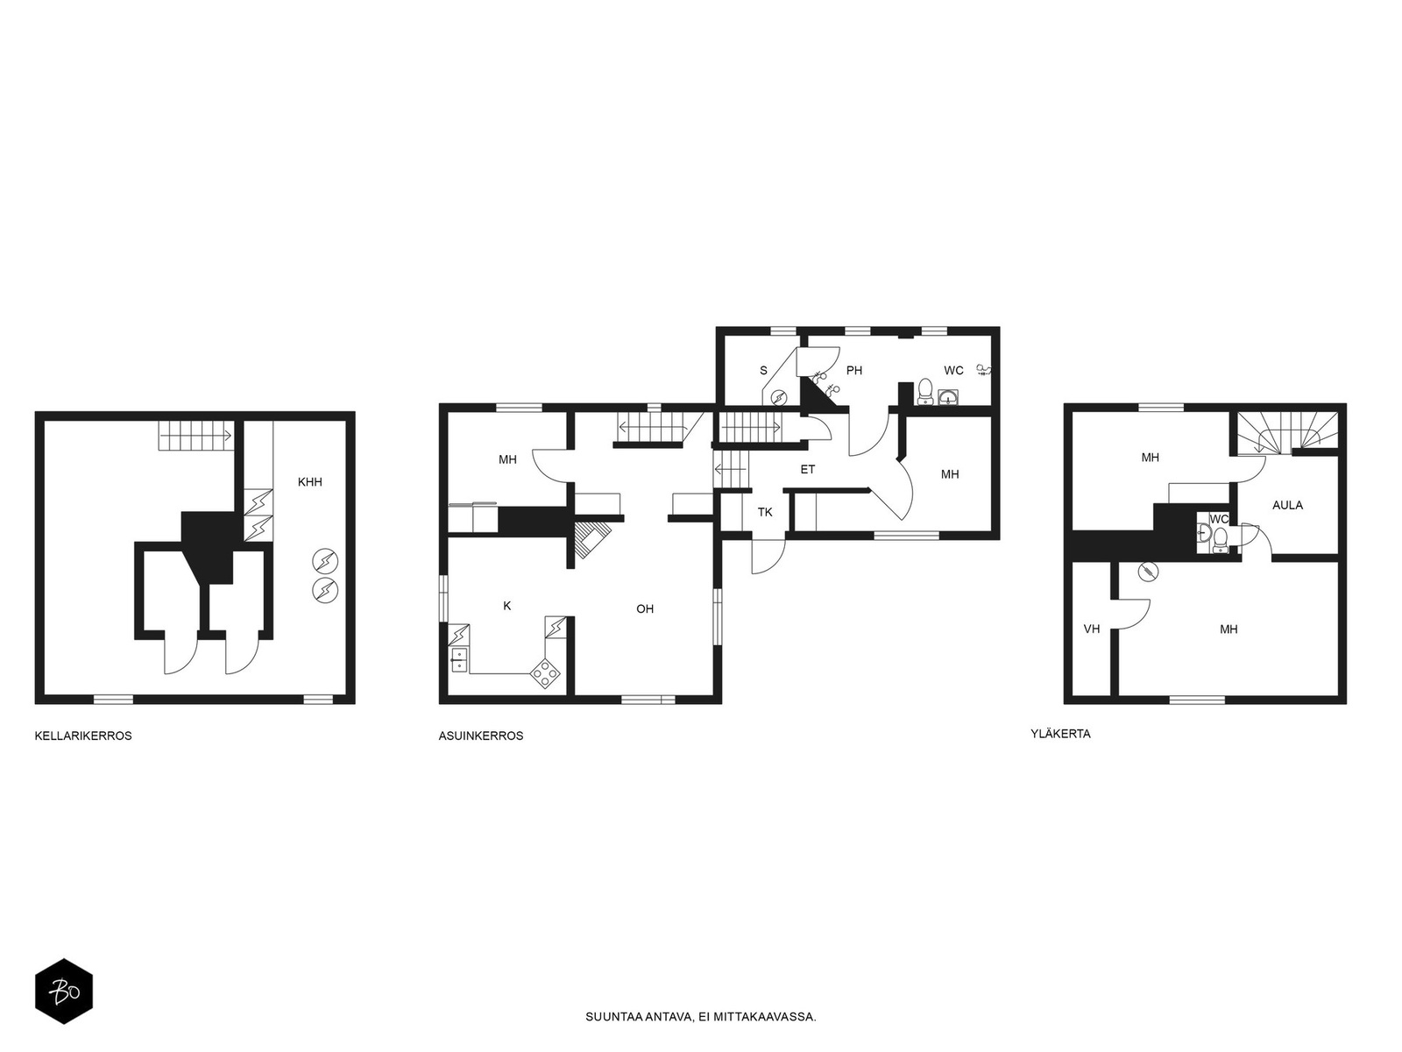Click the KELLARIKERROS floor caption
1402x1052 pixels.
click(83, 736)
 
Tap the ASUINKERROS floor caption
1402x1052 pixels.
click(481, 736)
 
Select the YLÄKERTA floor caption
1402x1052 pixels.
click(1060, 734)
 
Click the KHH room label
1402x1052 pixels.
click(310, 482)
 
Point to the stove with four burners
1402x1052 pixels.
click(546, 672)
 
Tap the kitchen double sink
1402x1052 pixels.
click(459, 659)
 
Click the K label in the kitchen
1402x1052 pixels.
click(507, 606)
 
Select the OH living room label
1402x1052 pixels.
click(645, 608)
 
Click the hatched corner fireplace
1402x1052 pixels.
click(591, 538)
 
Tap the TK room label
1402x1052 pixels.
click(765, 512)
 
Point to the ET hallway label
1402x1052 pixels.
click(807, 470)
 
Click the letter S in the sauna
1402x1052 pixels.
click(763, 371)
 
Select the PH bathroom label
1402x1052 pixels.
click(854, 371)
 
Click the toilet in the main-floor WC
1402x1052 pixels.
click(924, 391)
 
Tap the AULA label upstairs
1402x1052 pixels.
click(1287, 505)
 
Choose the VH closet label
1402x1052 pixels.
click(1092, 629)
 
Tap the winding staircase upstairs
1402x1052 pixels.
click(1288, 433)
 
